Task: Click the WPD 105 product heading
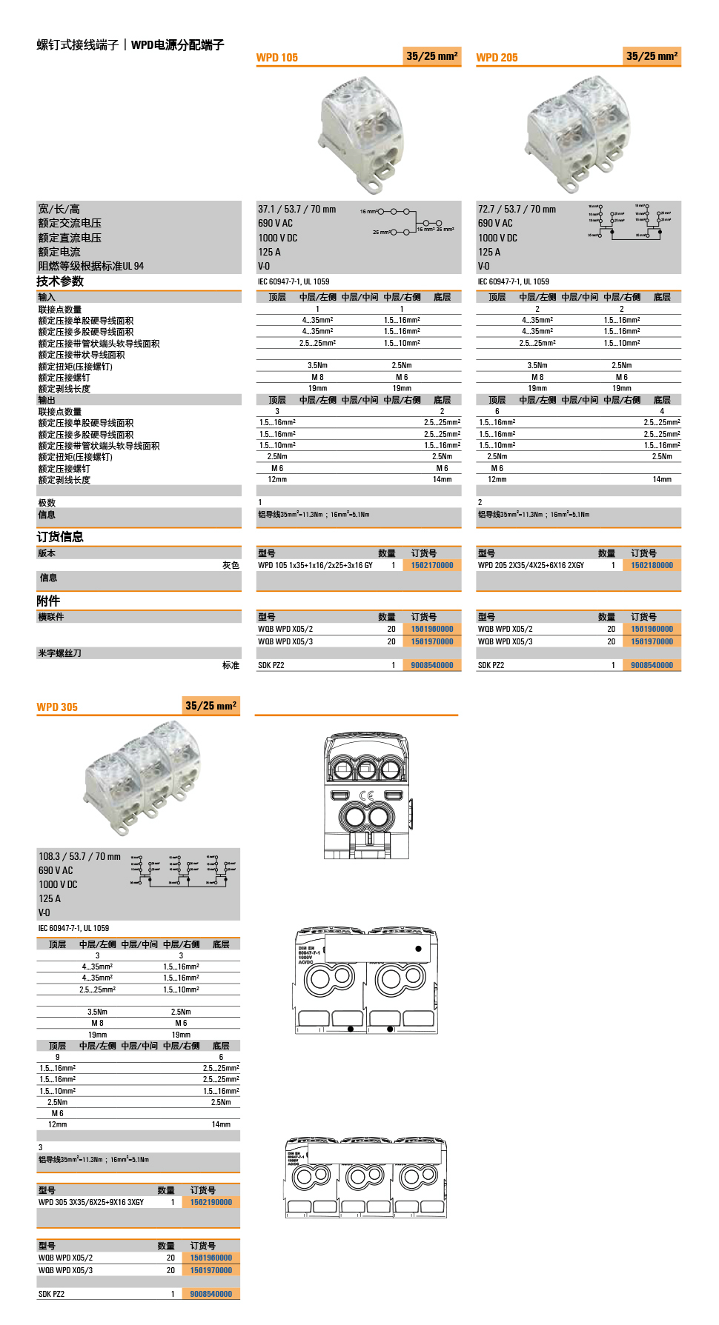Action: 276,58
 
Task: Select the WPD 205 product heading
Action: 497,58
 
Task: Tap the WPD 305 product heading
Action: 57,707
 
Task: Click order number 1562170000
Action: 432,566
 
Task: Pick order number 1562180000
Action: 652,566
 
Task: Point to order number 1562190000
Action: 211,1203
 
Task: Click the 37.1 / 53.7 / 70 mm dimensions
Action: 296,210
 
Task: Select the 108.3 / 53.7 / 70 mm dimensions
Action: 79,857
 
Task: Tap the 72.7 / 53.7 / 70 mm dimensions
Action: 517,210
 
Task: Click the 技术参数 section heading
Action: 60,281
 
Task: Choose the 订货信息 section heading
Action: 60,537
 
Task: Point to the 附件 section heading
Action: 48,601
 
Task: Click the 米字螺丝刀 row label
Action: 59,653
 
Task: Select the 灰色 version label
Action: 231,566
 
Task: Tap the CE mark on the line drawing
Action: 366,795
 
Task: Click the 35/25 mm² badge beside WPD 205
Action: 652,56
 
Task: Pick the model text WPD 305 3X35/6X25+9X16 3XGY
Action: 91,1203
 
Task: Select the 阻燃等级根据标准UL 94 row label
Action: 91,267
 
